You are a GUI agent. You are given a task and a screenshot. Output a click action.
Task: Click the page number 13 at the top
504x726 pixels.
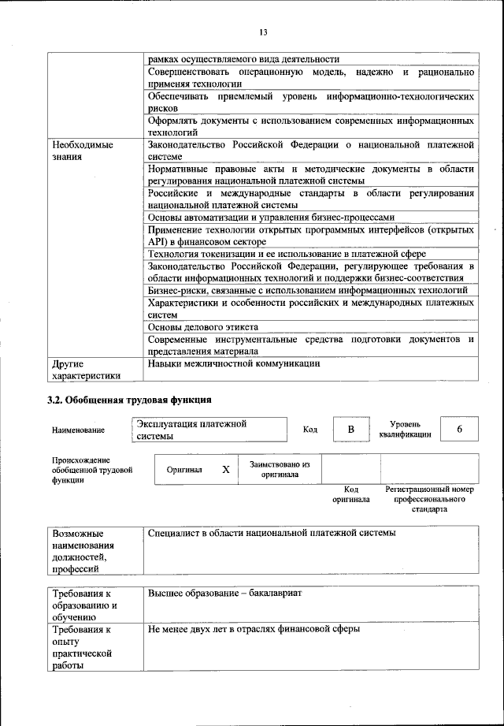click(x=263, y=32)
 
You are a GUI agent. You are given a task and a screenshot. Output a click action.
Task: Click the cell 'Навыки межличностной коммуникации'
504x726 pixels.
click(x=235, y=364)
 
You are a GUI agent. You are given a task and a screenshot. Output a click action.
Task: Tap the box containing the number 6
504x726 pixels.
click(x=459, y=429)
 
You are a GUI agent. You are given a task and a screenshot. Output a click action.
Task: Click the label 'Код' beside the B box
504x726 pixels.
click(x=310, y=430)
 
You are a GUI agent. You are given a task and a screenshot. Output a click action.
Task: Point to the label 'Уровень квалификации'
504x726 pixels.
click(x=404, y=429)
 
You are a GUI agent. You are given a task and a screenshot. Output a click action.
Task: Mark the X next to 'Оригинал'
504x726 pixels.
click(x=226, y=470)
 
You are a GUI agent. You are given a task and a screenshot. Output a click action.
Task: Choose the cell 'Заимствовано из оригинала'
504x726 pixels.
click(x=280, y=470)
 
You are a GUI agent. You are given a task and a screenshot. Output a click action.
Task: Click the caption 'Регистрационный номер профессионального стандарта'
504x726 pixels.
click(x=429, y=499)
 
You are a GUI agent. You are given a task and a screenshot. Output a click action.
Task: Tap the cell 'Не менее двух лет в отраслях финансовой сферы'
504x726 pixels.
click(x=254, y=630)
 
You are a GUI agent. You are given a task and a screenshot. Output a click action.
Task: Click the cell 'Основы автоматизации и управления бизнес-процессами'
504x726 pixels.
click(x=271, y=217)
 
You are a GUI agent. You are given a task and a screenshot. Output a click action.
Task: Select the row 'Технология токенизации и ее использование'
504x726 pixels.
click(x=287, y=254)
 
